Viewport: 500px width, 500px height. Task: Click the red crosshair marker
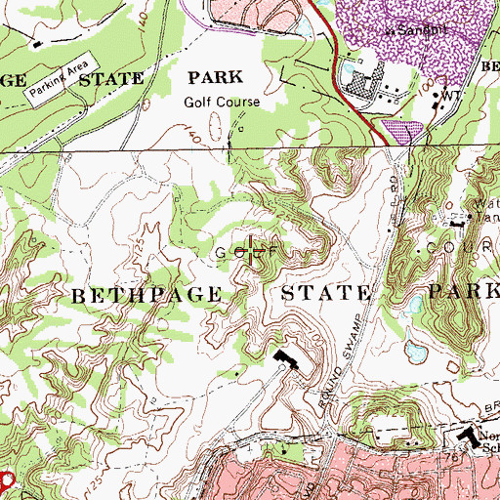tap(254, 253)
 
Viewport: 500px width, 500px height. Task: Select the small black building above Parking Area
tap(37, 43)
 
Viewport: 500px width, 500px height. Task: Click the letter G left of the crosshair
tap(222, 253)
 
